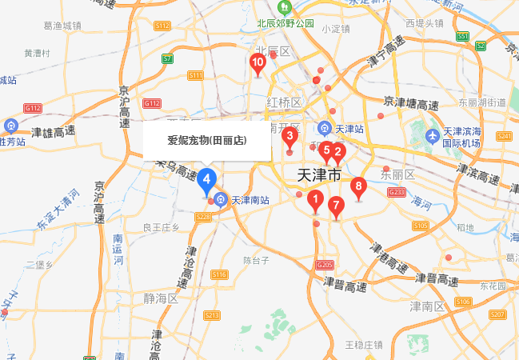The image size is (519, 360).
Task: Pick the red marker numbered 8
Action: [x=358, y=189]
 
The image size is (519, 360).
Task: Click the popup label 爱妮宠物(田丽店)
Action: [x=206, y=141]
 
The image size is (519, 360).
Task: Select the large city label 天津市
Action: [x=319, y=175]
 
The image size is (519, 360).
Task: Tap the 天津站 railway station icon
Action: [x=325, y=128]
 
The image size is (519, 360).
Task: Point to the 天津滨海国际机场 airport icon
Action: [x=433, y=133]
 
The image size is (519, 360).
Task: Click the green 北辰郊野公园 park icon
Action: [x=283, y=8]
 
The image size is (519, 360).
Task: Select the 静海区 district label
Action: [x=160, y=298]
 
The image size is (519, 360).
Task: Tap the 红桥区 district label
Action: [x=284, y=102]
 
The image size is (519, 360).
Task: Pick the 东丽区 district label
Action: [x=397, y=174]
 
